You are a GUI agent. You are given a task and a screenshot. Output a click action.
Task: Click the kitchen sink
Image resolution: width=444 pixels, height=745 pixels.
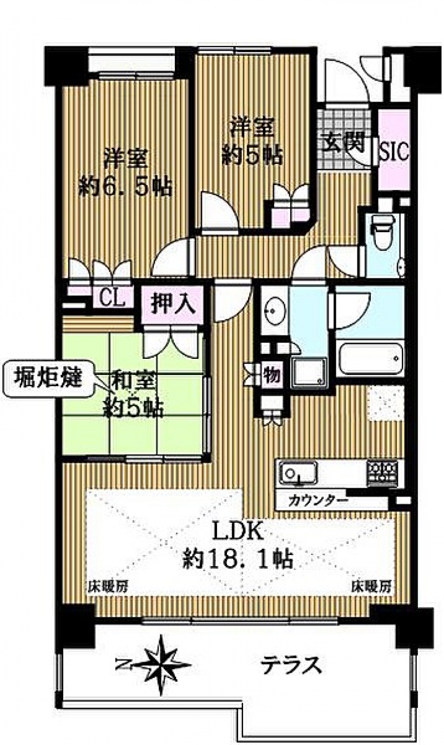pyautogui.click(x=297, y=473)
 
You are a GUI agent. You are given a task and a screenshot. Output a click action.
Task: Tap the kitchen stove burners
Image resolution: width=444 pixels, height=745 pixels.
pyautogui.click(x=383, y=473)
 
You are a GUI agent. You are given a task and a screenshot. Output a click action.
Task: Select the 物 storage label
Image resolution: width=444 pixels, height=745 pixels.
pyautogui.click(x=271, y=374)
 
